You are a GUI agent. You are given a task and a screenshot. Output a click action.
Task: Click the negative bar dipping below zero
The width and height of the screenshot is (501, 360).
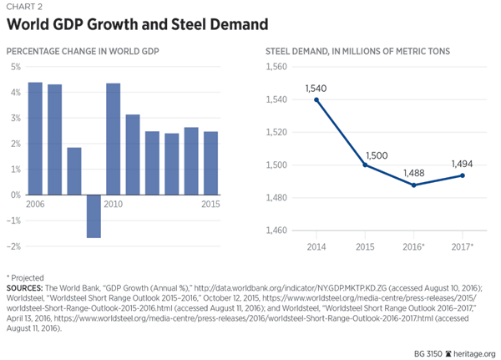tap(94, 216)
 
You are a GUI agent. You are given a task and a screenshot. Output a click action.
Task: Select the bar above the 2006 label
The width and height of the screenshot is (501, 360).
tap(35, 139)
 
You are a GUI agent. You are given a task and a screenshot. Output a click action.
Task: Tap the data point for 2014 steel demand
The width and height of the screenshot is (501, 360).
tap(316, 99)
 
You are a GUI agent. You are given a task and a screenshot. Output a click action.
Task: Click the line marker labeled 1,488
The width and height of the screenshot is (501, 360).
tap(413, 185)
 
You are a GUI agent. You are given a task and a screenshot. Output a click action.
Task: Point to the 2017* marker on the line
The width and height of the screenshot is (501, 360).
tap(462, 175)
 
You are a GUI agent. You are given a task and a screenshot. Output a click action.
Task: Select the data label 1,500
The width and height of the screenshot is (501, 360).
tap(376, 155)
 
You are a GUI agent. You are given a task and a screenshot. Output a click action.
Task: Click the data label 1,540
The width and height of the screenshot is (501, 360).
tap(316, 88)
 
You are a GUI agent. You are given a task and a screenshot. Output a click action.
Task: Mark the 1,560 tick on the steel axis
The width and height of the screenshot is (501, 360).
tap(276, 67)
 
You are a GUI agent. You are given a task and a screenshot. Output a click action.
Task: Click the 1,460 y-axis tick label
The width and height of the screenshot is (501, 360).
tap(276, 230)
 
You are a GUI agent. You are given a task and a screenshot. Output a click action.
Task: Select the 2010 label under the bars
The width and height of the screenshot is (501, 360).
tap(114, 205)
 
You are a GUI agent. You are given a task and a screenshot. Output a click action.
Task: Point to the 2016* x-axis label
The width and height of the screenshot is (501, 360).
tap(413, 248)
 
